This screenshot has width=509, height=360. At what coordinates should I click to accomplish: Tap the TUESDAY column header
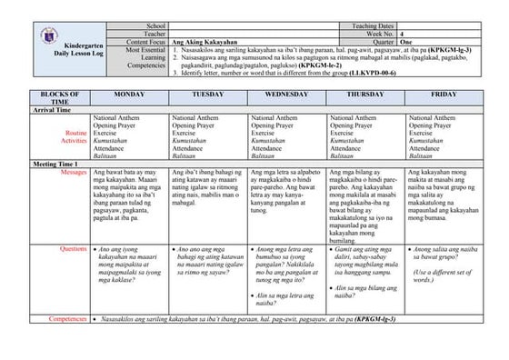[x=208, y=95]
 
